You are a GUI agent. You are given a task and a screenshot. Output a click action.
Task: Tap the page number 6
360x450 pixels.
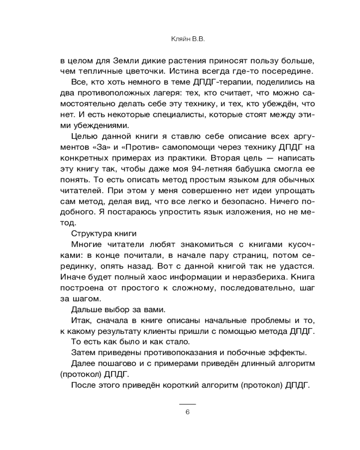point(187,412)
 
